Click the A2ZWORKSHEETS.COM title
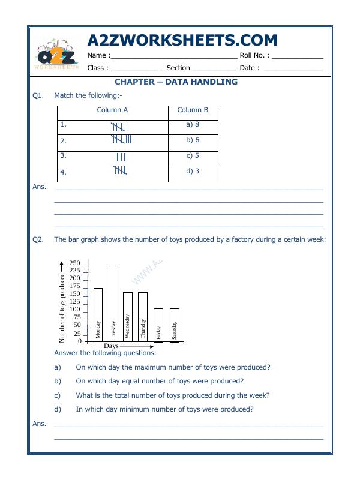(182, 40)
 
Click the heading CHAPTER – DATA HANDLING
(176, 82)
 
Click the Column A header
(112, 110)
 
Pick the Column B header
(193, 110)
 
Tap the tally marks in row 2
(121, 140)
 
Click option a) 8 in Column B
(193, 125)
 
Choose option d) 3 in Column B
(193, 171)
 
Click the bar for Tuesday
(113, 303)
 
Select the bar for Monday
(98, 314)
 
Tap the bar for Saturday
(174, 325)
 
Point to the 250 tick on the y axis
(74, 263)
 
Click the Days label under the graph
(111, 346)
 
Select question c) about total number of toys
(172, 395)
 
